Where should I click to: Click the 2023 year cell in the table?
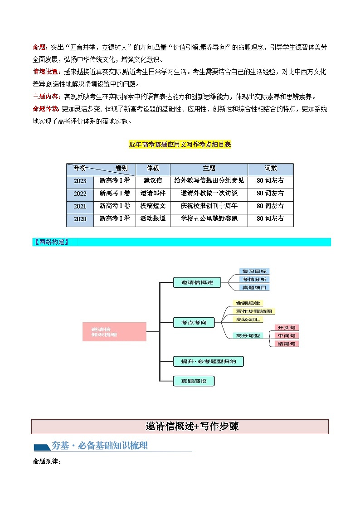coord(80,181)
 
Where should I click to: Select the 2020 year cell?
coord(80,219)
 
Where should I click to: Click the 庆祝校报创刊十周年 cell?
coord(209,206)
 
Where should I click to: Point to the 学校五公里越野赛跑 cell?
coord(209,218)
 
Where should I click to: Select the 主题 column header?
coord(209,168)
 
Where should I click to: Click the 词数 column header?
coord(271,168)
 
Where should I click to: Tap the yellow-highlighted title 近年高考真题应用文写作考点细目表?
coord(180,145)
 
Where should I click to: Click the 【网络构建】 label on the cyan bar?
coord(51,242)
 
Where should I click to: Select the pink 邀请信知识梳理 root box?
coord(114,331)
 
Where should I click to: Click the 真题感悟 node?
coord(194,381)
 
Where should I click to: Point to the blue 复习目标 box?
coord(254,271)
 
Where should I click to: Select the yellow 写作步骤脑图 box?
coord(255,311)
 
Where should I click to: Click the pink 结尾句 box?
coord(287,344)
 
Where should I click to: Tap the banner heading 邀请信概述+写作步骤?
coord(180,427)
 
